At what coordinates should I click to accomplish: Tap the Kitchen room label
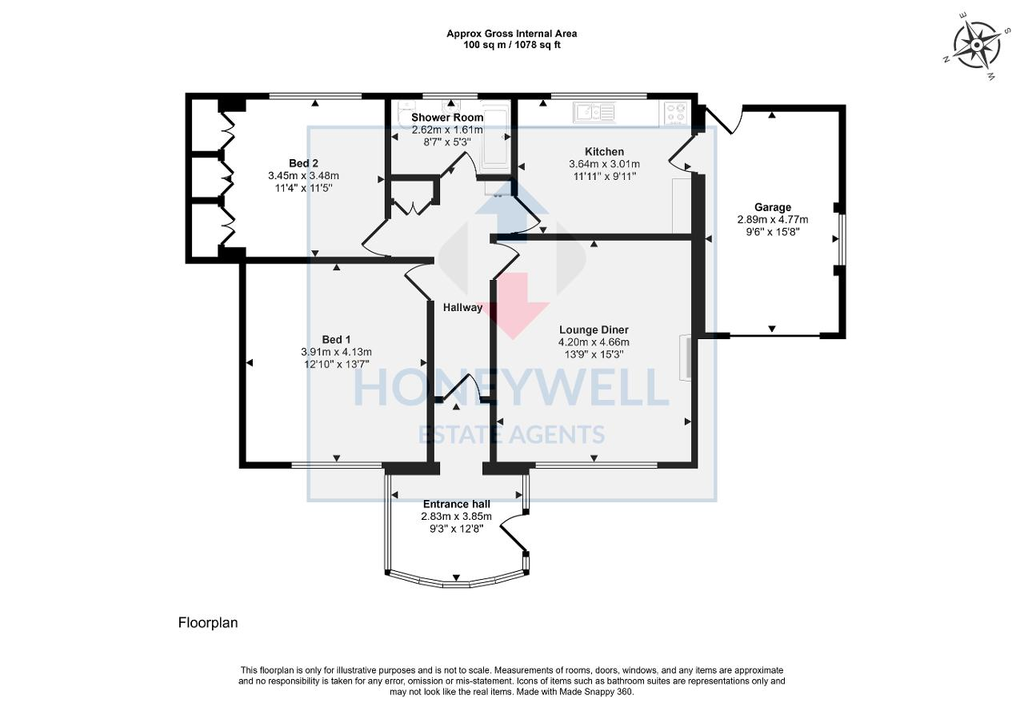604,152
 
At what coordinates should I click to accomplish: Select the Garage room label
772,207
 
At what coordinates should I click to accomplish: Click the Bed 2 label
303,164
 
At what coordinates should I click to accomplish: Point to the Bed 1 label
335,339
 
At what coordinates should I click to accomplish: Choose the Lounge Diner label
594,330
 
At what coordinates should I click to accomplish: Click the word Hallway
463,307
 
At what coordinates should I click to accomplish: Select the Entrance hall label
456,504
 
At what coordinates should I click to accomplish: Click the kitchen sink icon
594,112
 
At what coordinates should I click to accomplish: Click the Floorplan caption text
208,622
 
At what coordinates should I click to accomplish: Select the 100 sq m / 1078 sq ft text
512,45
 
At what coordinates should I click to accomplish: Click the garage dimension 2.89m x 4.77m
772,219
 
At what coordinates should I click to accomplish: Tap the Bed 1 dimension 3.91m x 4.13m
335,352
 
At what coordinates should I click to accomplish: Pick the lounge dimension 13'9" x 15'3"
594,354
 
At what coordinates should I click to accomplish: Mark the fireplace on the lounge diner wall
686,357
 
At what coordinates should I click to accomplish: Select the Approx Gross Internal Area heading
512,34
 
